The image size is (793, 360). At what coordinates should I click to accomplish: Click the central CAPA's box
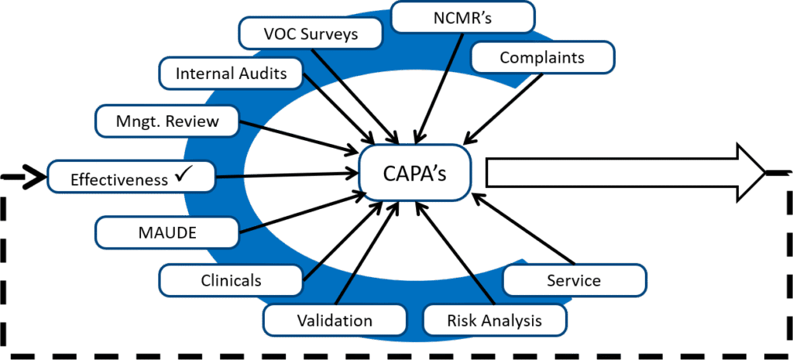click(415, 173)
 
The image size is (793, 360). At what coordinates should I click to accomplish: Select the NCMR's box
click(462, 17)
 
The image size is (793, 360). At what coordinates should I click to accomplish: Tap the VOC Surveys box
click(311, 34)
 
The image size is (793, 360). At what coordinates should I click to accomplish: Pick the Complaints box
click(541, 57)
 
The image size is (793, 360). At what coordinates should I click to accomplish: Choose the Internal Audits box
click(231, 74)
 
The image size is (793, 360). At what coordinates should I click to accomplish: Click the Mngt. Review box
click(168, 121)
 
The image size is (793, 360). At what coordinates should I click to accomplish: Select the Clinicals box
click(231, 279)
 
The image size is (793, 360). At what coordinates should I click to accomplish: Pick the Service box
click(574, 279)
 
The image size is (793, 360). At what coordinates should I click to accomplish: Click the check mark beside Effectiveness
click(184, 177)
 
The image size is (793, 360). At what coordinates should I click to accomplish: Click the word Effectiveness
click(118, 180)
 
